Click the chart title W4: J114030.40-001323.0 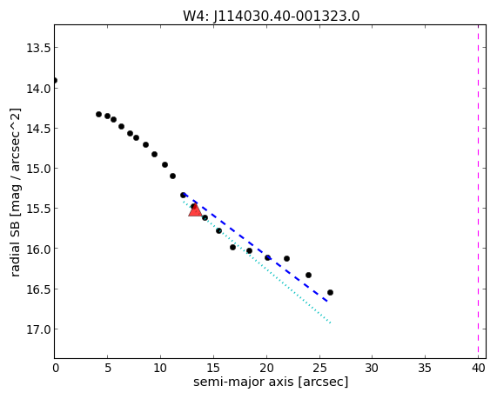(x=272, y=16)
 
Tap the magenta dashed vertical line (x=478, y=191)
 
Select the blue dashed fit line (x=256, y=248)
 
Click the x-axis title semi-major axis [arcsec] (x=271, y=382)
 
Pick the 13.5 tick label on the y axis (x=38, y=48)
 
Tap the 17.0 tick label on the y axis (x=38, y=329)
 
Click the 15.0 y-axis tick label (x=38, y=169)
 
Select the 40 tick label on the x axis (x=478, y=368)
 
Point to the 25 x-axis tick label (x=319, y=368)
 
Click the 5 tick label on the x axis (x=108, y=368)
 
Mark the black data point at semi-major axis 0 (x=55, y=81)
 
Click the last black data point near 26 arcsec (x=330, y=293)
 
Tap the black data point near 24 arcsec (x=308, y=276)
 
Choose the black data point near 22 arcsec (x=286, y=259)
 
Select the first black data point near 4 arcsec (x=98, y=115)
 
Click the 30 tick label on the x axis (x=373, y=368)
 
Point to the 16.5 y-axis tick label (x=38, y=289)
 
